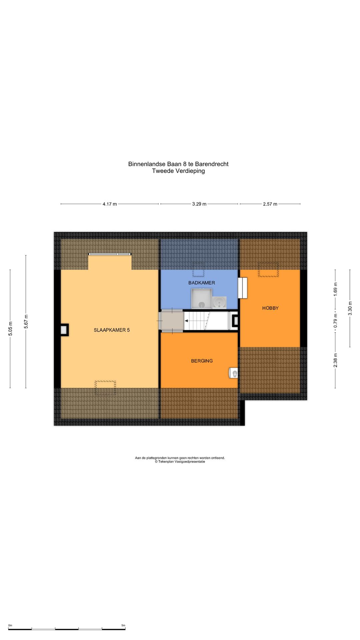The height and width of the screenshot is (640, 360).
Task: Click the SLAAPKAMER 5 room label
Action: (x=112, y=330)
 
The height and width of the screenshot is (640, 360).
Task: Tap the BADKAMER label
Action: (x=202, y=283)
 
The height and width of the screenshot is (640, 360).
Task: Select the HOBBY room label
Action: (x=270, y=308)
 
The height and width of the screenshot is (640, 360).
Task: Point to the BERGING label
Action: (x=202, y=361)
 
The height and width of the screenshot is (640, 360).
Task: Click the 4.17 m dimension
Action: (x=110, y=204)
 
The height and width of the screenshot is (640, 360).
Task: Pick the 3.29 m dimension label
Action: (x=199, y=204)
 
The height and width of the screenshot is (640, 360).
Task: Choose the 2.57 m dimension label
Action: (x=270, y=204)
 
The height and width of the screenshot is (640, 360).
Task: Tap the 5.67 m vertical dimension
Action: (x=26, y=322)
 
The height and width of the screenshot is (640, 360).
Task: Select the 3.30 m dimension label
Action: (x=350, y=308)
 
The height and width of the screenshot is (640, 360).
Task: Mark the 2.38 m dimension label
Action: (x=335, y=360)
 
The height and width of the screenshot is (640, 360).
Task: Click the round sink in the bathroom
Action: (x=219, y=302)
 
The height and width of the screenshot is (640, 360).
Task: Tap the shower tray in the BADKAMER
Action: (x=201, y=299)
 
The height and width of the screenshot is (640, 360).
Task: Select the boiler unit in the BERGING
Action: (x=233, y=373)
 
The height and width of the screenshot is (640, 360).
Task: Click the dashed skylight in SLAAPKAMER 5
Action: (x=105, y=388)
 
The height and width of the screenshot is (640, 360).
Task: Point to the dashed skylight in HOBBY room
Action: (x=268, y=269)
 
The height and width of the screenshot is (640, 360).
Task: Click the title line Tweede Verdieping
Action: (x=178, y=171)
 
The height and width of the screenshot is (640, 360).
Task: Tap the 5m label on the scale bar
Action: (x=123, y=625)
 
